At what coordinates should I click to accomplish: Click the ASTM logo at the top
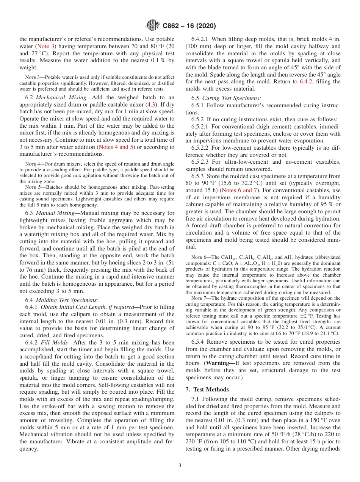[x=153, y=26]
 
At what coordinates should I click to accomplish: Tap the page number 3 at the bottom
[x=180, y=465]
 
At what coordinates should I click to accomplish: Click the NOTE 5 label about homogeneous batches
[x=32, y=187]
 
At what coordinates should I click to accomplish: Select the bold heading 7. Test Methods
[x=207, y=389]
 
